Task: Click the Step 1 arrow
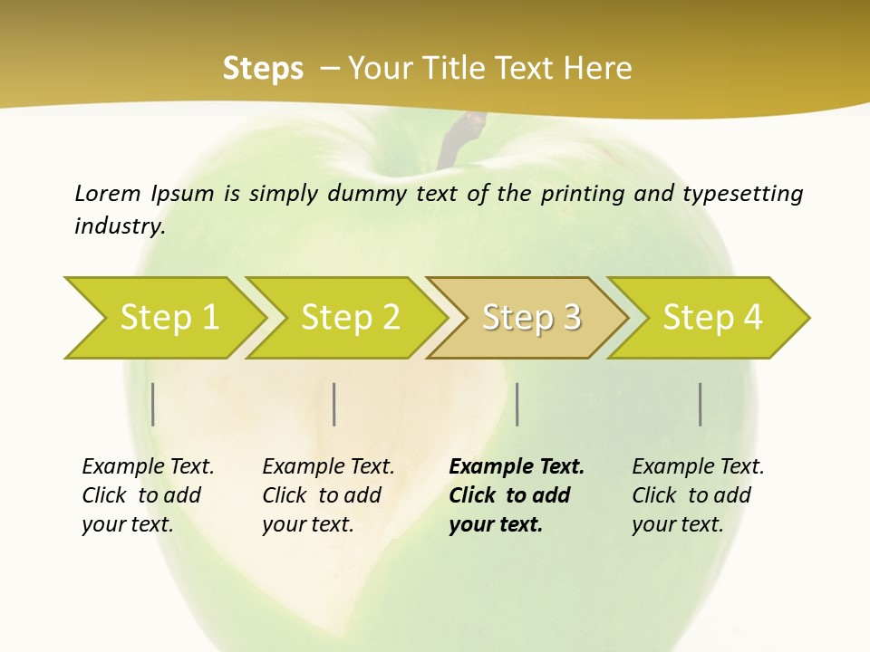click(169, 318)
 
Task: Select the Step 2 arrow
click(350, 318)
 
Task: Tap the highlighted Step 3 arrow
click(531, 318)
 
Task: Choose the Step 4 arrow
click(712, 318)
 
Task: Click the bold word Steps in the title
click(263, 69)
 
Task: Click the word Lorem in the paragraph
click(108, 194)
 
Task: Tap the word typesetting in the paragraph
click(742, 194)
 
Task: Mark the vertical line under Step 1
click(153, 404)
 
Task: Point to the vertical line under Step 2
click(334, 404)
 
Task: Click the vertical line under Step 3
click(517, 404)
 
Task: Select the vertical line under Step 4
click(700, 404)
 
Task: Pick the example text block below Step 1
click(148, 495)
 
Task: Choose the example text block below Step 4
click(698, 495)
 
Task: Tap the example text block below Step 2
click(328, 495)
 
